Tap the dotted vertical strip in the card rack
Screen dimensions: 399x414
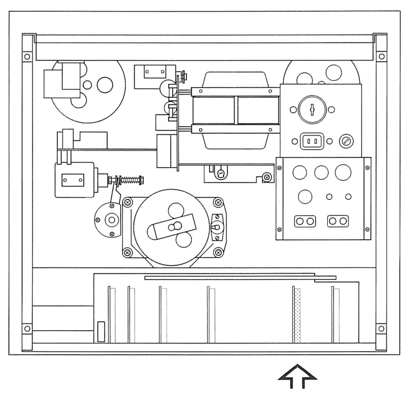298,315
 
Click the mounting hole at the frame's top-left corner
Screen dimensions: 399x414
27,56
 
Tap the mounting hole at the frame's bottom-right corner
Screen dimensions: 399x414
380,328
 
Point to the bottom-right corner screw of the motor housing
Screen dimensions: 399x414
219,253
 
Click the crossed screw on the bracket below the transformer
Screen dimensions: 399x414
266,177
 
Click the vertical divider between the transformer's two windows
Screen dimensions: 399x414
236,110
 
